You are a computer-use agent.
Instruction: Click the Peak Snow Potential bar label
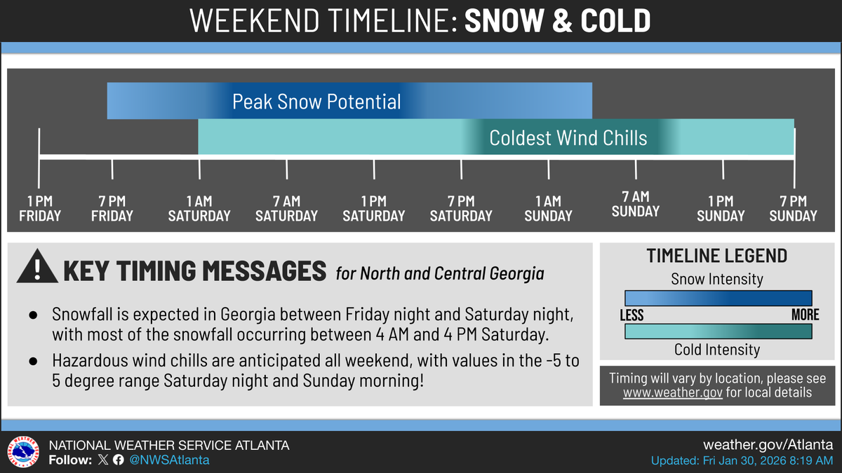(316, 102)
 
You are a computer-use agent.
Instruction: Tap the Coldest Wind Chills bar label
(568, 137)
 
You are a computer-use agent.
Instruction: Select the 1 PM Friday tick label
(40, 209)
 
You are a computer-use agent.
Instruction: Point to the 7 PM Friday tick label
(112, 209)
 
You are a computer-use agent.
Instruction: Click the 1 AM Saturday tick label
(199, 209)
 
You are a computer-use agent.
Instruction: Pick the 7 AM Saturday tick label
(286, 209)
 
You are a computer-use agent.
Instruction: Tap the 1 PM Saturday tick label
(374, 209)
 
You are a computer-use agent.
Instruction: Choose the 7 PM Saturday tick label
(461, 209)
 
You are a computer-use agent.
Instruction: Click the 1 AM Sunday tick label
(549, 209)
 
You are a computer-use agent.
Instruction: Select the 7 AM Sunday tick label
(636, 204)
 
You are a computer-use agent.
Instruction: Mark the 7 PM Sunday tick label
(794, 209)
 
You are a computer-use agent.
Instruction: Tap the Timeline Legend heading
(716, 256)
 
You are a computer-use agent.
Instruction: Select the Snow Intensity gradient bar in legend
(718, 298)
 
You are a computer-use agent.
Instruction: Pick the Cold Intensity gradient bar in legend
(718, 330)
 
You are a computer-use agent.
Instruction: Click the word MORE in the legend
(805, 315)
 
